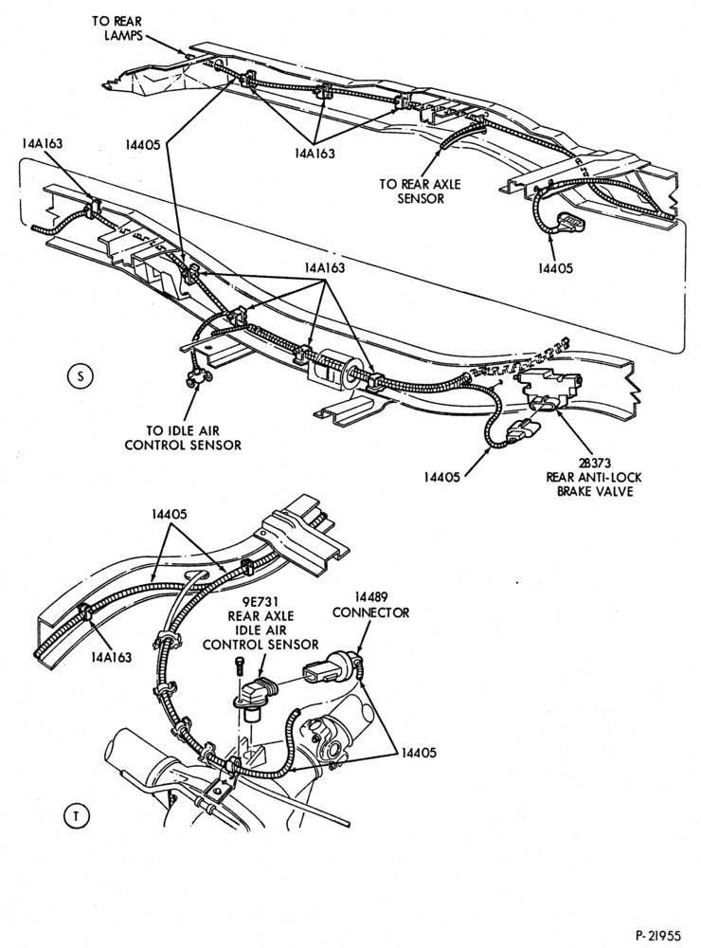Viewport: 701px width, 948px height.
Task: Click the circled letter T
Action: point(77,815)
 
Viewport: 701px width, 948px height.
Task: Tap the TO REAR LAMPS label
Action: point(117,27)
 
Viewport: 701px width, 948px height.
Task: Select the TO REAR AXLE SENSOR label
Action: point(420,191)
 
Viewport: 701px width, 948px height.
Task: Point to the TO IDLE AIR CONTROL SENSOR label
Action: point(183,438)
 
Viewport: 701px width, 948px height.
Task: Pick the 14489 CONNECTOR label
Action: point(370,605)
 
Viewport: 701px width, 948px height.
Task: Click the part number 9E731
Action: point(261,602)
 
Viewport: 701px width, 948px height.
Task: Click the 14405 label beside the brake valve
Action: point(441,477)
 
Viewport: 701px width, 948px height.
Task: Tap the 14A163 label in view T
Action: point(111,657)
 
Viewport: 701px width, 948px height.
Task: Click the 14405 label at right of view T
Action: point(418,753)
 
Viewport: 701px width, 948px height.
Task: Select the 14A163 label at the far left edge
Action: point(41,143)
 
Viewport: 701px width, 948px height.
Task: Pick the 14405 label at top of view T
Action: point(170,515)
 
